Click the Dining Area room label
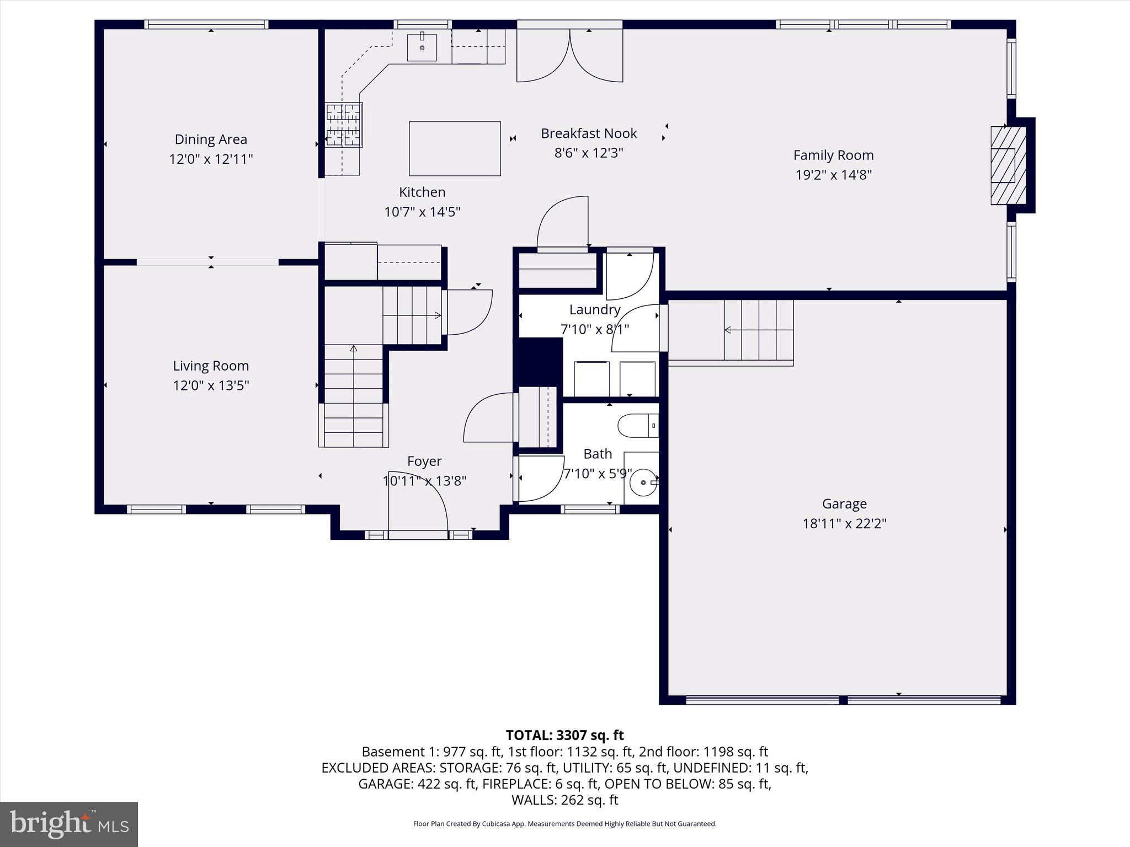point(211,140)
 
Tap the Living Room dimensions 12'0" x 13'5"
point(211,385)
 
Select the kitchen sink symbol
point(422,47)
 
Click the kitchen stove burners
point(343,125)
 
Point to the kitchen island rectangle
point(455,148)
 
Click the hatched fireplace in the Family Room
point(1008,165)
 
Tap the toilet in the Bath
point(638,426)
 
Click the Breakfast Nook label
point(589,133)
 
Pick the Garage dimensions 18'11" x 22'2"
point(844,523)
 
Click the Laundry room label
point(595,310)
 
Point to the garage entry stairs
point(758,330)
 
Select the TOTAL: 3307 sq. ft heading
point(564,735)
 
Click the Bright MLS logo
point(69,824)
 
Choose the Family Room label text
point(833,156)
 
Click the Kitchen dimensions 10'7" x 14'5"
point(422,212)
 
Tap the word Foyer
point(424,461)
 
